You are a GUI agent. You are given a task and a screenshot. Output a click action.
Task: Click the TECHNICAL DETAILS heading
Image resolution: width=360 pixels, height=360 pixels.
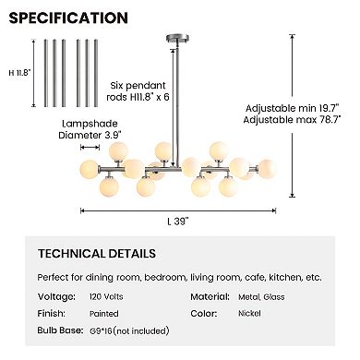coord(96,253)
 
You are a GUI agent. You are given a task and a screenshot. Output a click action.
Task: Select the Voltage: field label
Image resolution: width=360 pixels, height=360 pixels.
coord(56,296)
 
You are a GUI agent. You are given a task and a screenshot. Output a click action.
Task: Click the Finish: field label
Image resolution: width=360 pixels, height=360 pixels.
coord(53,313)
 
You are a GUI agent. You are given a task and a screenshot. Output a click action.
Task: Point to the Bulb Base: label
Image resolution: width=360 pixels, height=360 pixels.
coord(61,330)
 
